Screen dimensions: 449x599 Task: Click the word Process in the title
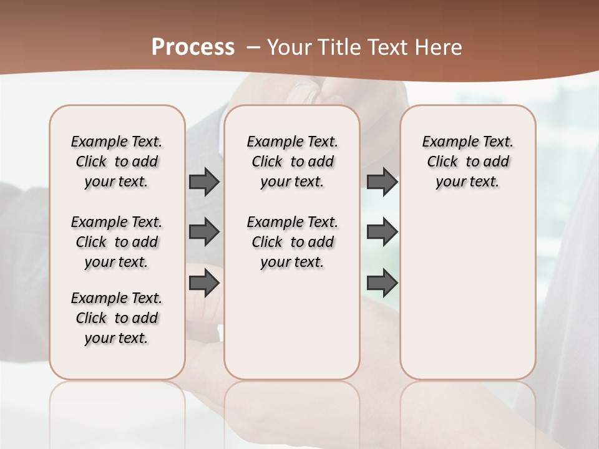tap(193, 47)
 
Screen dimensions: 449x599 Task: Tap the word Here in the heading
tap(438, 47)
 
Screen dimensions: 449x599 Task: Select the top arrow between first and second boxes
tap(204, 181)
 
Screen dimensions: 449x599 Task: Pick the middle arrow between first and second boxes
tap(204, 232)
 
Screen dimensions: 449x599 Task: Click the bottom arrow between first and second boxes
tap(204, 284)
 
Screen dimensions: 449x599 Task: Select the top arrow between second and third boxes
tap(382, 181)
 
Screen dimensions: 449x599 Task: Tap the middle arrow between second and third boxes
tap(382, 232)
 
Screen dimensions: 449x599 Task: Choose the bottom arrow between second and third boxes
tap(382, 284)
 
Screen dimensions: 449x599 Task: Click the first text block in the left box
tap(117, 162)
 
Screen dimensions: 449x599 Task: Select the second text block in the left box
tap(117, 242)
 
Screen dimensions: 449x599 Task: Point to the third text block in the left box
tap(117, 318)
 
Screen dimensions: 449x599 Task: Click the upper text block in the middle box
tap(293, 162)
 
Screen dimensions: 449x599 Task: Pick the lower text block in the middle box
tap(293, 242)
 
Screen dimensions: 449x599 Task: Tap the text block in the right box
tap(468, 162)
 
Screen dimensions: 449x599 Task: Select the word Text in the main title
tap(389, 47)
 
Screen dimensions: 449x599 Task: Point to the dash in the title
tap(253, 47)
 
